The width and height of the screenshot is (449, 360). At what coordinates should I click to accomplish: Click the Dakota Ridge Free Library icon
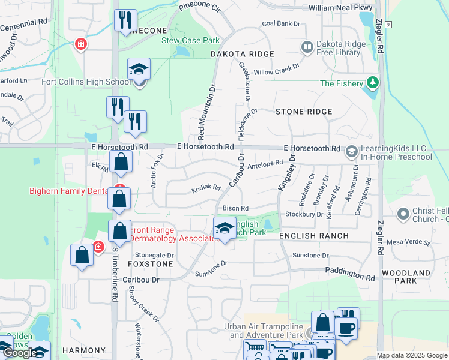pos(307,46)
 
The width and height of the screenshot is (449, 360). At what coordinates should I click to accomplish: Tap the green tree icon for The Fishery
pos(373,82)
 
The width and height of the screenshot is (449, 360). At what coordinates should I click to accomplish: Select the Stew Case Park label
pos(191,41)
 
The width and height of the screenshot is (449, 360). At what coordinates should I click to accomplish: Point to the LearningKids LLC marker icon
pos(351,152)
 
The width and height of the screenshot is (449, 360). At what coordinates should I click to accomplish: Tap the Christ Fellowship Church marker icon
pos(403,213)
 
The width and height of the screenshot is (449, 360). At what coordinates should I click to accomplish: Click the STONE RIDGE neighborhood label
pos(303,112)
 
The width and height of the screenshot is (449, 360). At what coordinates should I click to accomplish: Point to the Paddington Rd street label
pos(350,274)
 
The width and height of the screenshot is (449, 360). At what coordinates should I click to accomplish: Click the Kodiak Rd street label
pos(206,188)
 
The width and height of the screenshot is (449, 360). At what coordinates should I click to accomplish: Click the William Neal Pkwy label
pos(340,8)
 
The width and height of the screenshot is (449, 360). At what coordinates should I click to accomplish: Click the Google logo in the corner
pos(19,353)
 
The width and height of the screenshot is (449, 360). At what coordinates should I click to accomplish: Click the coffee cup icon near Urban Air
pos(346,328)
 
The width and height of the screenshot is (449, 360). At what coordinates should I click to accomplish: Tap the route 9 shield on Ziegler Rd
pos(389,25)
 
